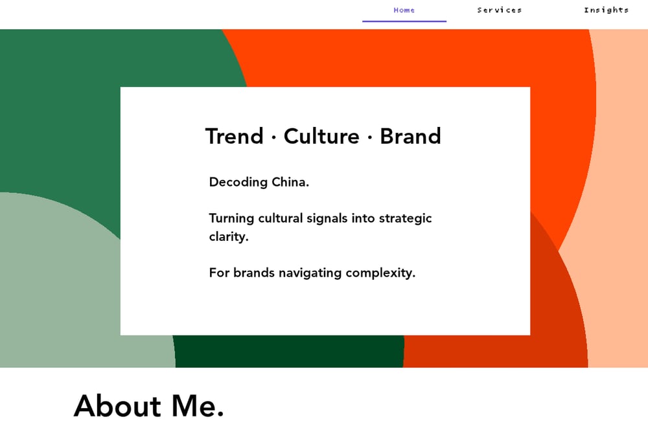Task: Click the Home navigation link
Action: pyautogui.click(x=404, y=10)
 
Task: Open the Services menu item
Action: pyautogui.click(x=499, y=10)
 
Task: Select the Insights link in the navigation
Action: pyautogui.click(x=607, y=10)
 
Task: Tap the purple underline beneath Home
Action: pyautogui.click(x=404, y=21)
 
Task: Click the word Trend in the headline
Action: pyautogui.click(x=235, y=136)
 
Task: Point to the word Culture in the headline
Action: pyautogui.click(x=321, y=136)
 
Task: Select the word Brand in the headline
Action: pyautogui.click(x=410, y=136)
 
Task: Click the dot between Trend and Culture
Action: pyautogui.click(x=273, y=137)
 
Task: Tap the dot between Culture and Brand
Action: pyautogui.click(x=369, y=137)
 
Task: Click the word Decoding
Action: pyautogui.click(x=238, y=182)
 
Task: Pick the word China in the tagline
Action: pyautogui.click(x=290, y=182)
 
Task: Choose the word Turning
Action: pyautogui.click(x=231, y=218)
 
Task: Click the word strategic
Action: pyautogui.click(x=406, y=218)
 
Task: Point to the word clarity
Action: pyautogui.click(x=229, y=236)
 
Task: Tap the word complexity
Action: pyautogui.click(x=380, y=273)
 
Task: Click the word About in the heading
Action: pyautogui.click(x=117, y=405)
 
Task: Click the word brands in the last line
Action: pyautogui.click(x=254, y=273)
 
